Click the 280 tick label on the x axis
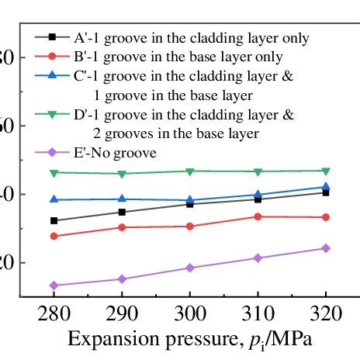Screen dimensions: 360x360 54,315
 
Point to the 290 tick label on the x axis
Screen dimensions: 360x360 122,315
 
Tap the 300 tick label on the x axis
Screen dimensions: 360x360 190,315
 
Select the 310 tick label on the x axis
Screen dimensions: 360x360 258,315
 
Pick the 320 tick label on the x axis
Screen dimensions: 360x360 326,315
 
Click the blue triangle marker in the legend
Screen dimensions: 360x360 52,76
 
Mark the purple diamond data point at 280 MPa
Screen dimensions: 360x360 54,286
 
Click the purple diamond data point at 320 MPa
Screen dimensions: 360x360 326,248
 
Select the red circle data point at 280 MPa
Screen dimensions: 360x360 54,236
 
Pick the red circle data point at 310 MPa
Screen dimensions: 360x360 258,216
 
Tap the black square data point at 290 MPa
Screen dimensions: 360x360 122,212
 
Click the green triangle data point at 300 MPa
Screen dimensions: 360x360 190,171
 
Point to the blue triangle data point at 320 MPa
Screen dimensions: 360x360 326,186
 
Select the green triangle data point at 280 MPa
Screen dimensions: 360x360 54,172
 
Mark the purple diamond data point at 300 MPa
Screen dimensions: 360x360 190,268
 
